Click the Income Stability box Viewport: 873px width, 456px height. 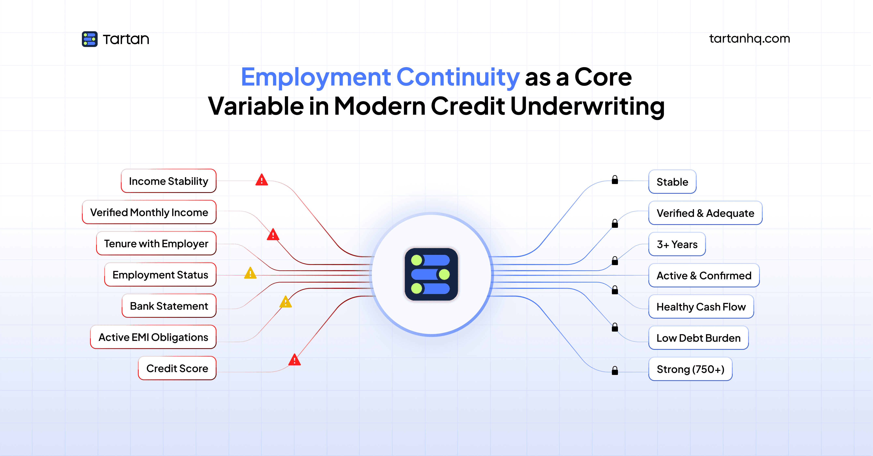click(168, 181)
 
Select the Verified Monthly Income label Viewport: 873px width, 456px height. click(149, 212)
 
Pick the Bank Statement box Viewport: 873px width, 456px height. click(169, 306)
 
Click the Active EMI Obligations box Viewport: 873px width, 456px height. click(153, 337)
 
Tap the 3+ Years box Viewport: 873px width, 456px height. click(677, 244)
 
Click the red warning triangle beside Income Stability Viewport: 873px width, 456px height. click(262, 180)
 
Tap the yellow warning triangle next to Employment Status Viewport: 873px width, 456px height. click(250, 273)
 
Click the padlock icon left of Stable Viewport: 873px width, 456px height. click(615, 180)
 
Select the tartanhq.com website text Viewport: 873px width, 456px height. click(749, 39)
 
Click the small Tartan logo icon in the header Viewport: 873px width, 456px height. click(89, 39)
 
